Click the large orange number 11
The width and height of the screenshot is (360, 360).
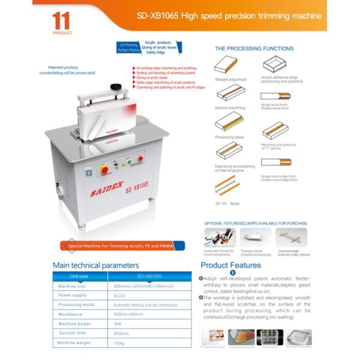[62, 20]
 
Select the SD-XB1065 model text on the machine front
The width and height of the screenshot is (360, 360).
[137, 188]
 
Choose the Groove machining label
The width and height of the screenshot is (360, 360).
[230, 108]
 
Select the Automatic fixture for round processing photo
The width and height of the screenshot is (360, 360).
[220, 236]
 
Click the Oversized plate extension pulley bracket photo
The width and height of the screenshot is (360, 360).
[293, 236]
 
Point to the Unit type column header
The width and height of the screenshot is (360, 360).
[79, 276]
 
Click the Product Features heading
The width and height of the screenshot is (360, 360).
[230, 265]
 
